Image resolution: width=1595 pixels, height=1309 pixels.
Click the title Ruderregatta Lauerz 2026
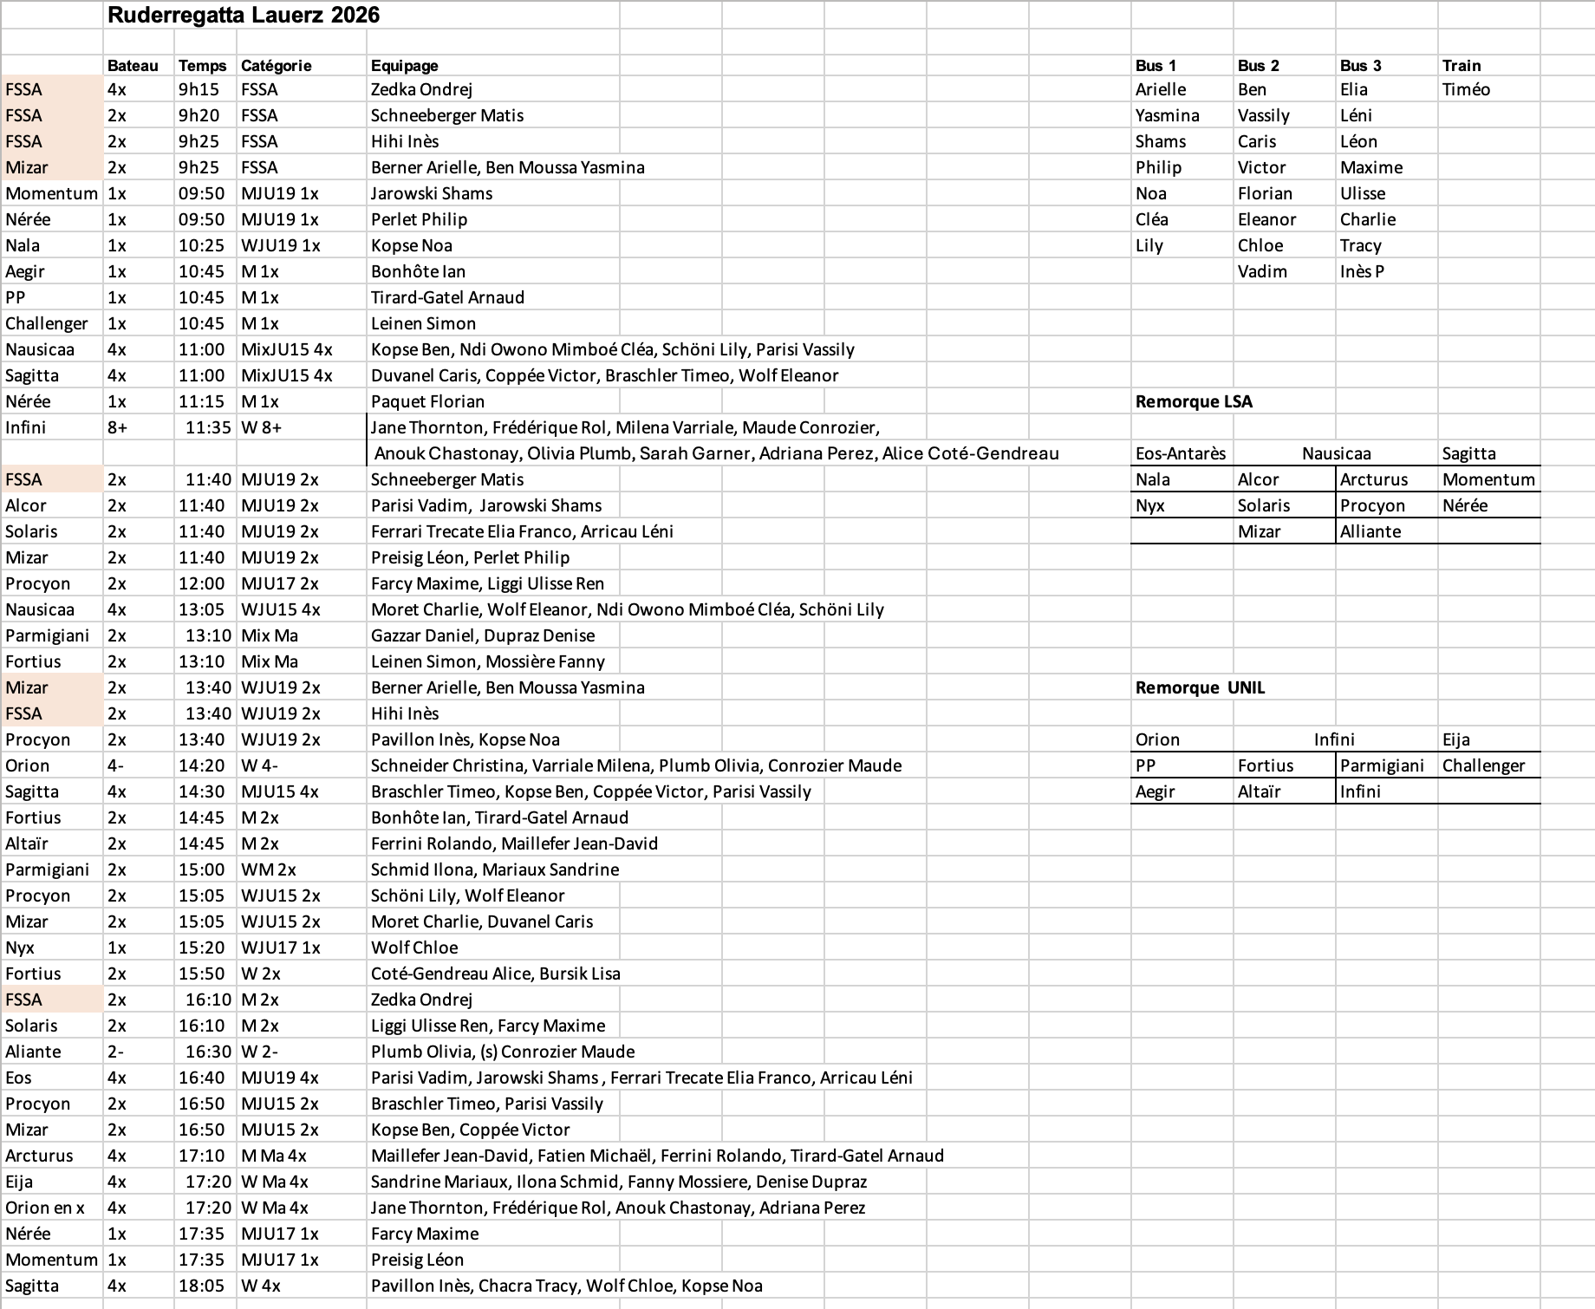click(243, 15)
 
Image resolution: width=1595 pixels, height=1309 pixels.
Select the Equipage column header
click(404, 65)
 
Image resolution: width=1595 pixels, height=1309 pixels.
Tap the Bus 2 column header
click(1258, 65)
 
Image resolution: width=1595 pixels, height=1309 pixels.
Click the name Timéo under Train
click(1466, 89)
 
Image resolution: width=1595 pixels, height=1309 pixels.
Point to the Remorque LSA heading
click(1194, 401)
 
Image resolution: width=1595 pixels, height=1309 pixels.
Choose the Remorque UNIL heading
click(1200, 687)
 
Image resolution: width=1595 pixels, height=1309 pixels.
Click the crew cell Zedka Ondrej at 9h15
click(421, 89)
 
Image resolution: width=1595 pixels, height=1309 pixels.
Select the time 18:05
click(201, 1286)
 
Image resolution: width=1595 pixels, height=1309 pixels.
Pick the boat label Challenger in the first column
click(47, 323)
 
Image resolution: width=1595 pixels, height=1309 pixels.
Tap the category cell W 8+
click(261, 427)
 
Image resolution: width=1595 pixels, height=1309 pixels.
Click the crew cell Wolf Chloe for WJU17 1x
click(414, 948)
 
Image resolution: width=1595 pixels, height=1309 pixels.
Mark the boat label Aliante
click(33, 1052)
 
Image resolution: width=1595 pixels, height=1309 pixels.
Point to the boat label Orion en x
click(45, 1208)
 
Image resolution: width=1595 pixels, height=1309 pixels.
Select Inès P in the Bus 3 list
click(1362, 271)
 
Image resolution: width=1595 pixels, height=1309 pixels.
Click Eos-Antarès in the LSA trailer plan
click(1181, 453)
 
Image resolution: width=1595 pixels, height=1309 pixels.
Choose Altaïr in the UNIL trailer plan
click(1259, 791)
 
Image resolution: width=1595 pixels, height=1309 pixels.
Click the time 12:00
click(201, 583)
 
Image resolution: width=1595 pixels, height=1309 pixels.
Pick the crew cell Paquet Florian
click(427, 401)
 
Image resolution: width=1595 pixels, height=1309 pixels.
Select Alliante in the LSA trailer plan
click(1370, 531)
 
